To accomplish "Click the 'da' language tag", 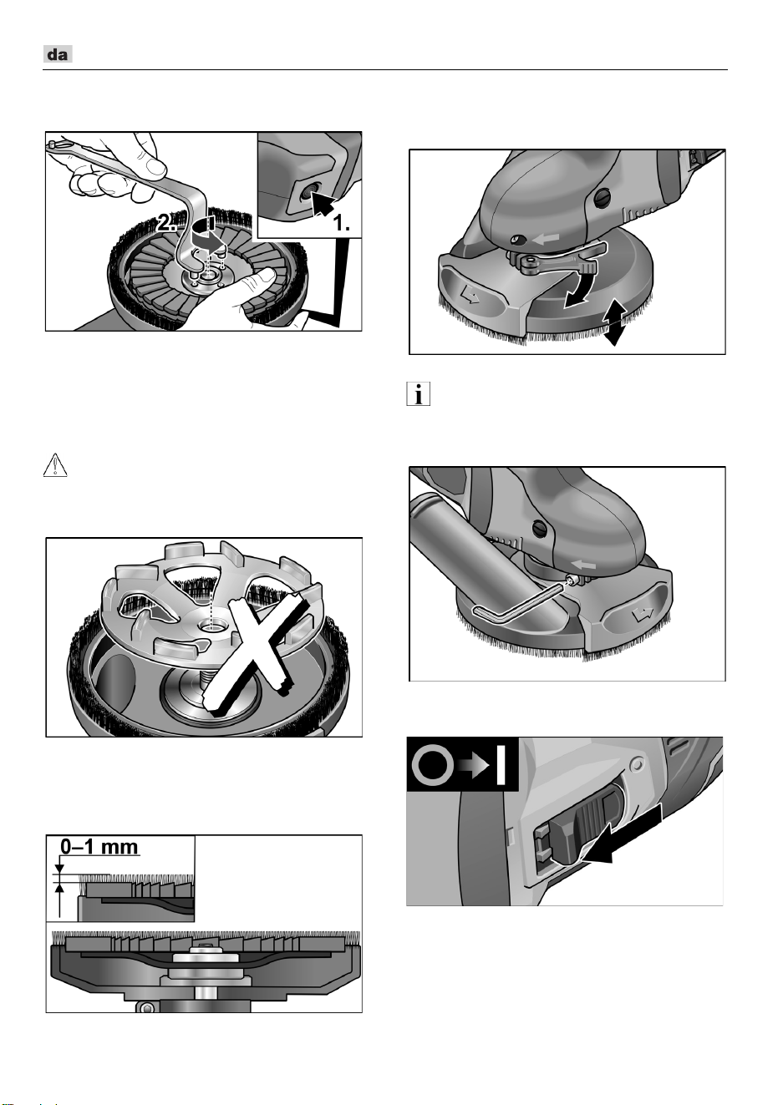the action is pyautogui.click(x=58, y=54).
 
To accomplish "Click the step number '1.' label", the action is pyautogui.click(x=342, y=224).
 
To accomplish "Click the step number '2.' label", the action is pyautogui.click(x=166, y=223).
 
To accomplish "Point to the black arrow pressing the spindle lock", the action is pyautogui.click(x=323, y=205).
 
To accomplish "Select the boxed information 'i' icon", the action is pyautogui.click(x=418, y=393).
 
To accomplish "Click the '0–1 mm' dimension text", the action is pyautogui.click(x=99, y=847).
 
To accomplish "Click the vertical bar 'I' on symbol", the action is pyautogui.click(x=501, y=765).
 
